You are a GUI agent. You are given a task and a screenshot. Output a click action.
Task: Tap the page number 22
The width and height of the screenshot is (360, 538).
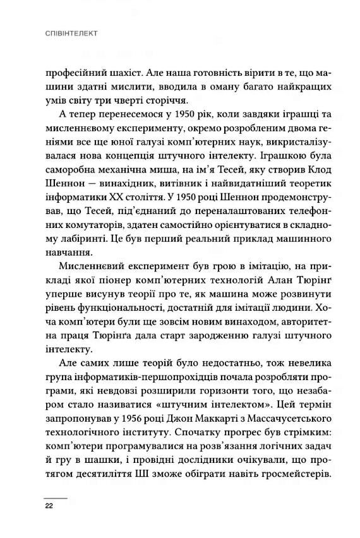pos(49,506)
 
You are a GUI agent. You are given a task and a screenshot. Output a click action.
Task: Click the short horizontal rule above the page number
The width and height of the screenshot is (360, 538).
pos(55,496)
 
